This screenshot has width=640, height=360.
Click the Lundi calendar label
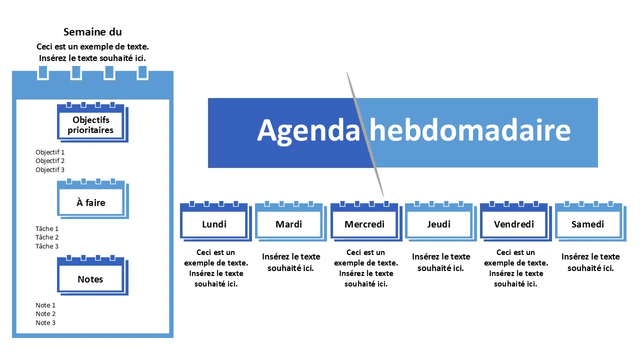pyautogui.click(x=214, y=224)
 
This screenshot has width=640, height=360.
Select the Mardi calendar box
pyautogui.click(x=290, y=221)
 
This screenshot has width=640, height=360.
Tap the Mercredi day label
pyautogui.click(x=364, y=224)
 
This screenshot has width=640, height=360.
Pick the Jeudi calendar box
pyautogui.click(x=440, y=221)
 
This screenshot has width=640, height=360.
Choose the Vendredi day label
pyautogui.click(x=514, y=224)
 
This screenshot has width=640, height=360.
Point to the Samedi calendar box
pyautogui.click(x=590, y=221)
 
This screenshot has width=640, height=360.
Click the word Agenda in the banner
pyautogui.click(x=308, y=131)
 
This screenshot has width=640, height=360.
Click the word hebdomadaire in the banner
pyautogui.click(x=470, y=130)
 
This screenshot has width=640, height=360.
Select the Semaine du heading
pyautogui.click(x=92, y=32)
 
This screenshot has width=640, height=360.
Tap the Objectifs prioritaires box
pyautogui.click(x=92, y=122)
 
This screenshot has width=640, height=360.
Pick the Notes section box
pyautogui.click(x=92, y=275)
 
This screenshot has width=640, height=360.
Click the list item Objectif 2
pyautogui.click(x=50, y=161)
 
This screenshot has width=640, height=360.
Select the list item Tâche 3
pyautogui.click(x=47, y=246)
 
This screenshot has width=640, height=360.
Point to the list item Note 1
pyautogui.click(x=45, y=305)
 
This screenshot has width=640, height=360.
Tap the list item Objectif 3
pyautogui.click(x=50, y=169)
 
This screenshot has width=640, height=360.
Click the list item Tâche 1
pyautogui.click(x=47, y=228)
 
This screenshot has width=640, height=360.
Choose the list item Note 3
pyautogui.click(x=45, y=322)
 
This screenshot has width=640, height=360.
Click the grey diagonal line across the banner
pyautogui.click(x=365, y=134)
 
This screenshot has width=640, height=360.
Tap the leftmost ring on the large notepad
pyautogui.click(x=43, y=72)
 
